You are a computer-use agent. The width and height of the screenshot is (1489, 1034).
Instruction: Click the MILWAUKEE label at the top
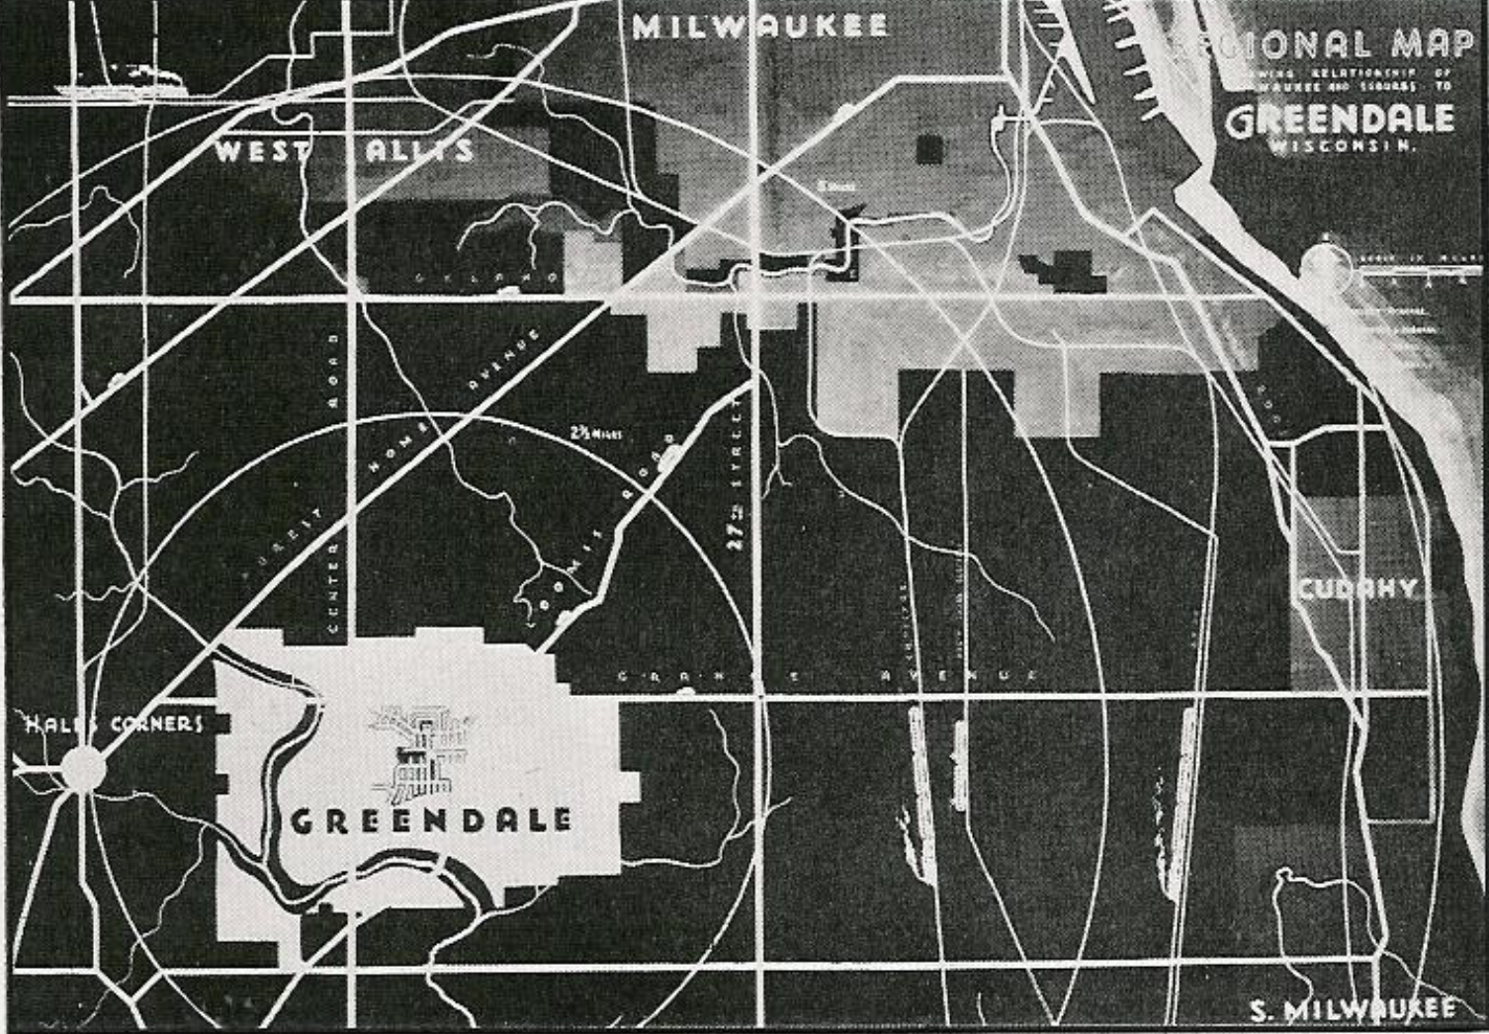click(759, 26)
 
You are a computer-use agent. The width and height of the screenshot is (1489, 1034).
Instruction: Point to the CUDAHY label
click(1357, 590)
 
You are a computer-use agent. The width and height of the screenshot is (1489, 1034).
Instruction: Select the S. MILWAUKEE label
click(1352, 1009)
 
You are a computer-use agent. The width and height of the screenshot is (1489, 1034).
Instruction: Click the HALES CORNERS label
click(113, 724)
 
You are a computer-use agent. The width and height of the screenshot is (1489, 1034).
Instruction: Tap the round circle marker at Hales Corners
click(83, 767)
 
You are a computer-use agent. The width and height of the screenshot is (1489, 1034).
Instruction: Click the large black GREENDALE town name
click(431, 820)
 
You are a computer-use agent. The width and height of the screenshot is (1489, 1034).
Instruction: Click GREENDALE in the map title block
click(1340, 121)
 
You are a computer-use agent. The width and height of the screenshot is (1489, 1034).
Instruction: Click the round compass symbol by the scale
click(1325, 265)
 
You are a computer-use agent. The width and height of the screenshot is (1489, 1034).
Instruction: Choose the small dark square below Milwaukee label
click(929, 148)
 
